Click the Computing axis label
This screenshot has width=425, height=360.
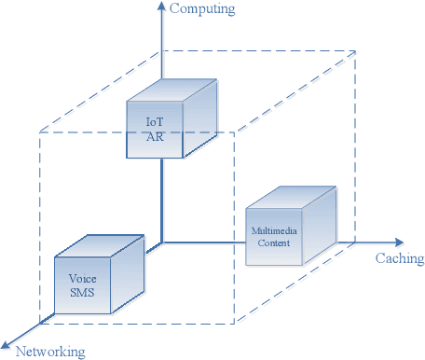[x=202, y=9]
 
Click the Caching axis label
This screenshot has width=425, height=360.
[x=399, y=258]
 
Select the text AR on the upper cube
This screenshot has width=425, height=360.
[x=154, y=136]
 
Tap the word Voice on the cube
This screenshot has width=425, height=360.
[x=82, y=278]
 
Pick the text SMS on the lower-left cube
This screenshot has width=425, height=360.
[x=82, y=292]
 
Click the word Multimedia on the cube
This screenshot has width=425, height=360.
[x=272, y=229]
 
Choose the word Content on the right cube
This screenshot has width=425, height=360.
[x=272, y=242]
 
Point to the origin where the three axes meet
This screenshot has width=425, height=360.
[x=162, y=242]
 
